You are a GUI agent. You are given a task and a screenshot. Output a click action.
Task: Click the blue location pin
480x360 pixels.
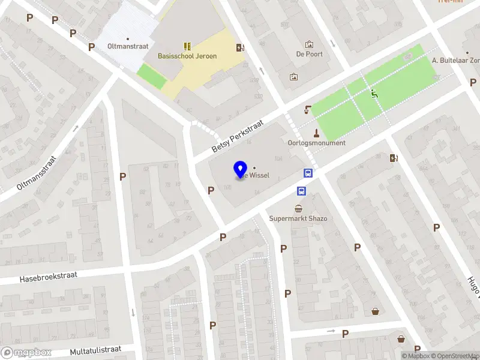(x=240, y=170)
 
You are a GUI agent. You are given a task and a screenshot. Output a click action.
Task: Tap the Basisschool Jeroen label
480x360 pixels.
(x=187, y=56)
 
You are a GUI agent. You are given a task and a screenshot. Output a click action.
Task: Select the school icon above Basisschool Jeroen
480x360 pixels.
(x=187, y=46)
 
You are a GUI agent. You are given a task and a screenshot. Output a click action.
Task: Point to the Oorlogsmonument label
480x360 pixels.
(x=316, y=143)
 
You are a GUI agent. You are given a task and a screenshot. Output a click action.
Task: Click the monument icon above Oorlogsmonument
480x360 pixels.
(x=316, y=133)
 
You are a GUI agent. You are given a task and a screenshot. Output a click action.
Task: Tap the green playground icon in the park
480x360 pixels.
(x=374, y=94)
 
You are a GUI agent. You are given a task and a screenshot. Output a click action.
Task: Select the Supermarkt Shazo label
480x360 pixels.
(x=298, y=218)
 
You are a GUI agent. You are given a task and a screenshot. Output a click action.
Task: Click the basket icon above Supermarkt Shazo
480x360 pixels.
(x=298, y=208)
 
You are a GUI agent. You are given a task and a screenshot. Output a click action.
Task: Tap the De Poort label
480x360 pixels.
(x=309, y=54)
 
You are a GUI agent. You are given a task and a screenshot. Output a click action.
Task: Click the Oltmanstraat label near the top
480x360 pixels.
(x=127, y=45)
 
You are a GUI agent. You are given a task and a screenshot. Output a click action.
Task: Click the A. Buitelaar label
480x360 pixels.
(x=456, y=61)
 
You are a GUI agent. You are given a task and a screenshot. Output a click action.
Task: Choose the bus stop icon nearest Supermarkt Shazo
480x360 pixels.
(x=301, y=191)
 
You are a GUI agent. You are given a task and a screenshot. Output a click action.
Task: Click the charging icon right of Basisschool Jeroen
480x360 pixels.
(x=240, y=48)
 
